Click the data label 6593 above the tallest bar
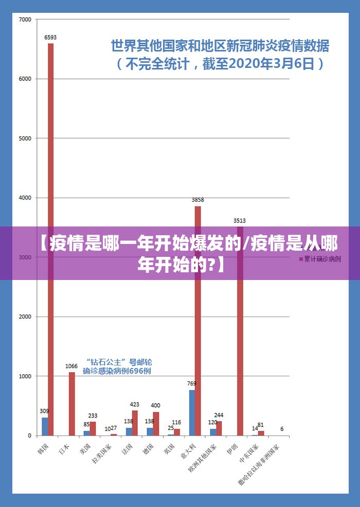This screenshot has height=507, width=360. tap(50, 37)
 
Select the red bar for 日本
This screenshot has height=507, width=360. tap(71, 404)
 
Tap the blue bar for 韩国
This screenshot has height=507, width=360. tap(45, 427)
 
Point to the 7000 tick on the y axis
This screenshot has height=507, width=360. tap(25, 20)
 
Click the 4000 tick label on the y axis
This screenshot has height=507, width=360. tap(25, 198)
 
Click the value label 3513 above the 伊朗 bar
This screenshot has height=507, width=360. tap(240, 221)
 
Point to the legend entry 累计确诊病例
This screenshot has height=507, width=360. tap(322, 259)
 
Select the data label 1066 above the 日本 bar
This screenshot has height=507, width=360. tap(71, 366)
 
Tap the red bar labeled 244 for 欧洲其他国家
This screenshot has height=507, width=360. tap(219, 428)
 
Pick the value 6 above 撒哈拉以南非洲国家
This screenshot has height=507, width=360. tap(282, 429)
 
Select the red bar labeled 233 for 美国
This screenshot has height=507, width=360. tap(93, 429)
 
